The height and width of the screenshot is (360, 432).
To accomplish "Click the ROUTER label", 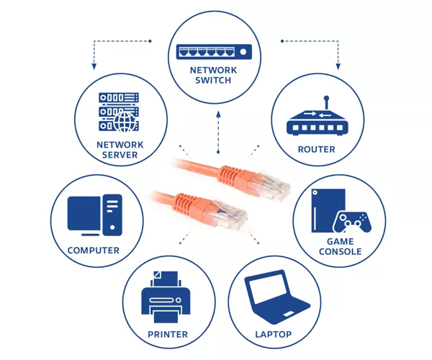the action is point(316,149).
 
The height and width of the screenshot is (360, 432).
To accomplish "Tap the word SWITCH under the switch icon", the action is point(213,81).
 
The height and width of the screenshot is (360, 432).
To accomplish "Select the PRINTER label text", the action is point(168,334).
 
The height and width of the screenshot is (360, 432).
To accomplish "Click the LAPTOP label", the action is point(273,334).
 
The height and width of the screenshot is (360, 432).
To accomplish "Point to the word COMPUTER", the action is point(94,251).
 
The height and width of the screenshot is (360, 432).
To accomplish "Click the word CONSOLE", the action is point(341,251).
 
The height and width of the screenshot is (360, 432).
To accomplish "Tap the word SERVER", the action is point(120,155).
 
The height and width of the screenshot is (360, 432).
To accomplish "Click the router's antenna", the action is point(326,102).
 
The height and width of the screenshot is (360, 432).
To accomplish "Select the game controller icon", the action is point(352,222).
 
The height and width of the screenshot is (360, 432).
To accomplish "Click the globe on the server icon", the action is point(125,122).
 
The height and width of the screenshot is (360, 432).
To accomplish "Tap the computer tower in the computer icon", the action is point(112,215).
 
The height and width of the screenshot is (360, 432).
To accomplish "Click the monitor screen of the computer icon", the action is point(84,213).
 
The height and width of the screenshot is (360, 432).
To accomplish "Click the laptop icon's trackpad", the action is point(289,315).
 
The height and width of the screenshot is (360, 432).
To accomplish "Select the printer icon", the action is point(166,297).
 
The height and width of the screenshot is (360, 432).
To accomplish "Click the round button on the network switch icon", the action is point(243,52).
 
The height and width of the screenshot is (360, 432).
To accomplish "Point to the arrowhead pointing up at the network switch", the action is point(218,114).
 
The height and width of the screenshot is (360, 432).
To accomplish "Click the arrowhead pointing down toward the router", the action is point(338,66).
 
